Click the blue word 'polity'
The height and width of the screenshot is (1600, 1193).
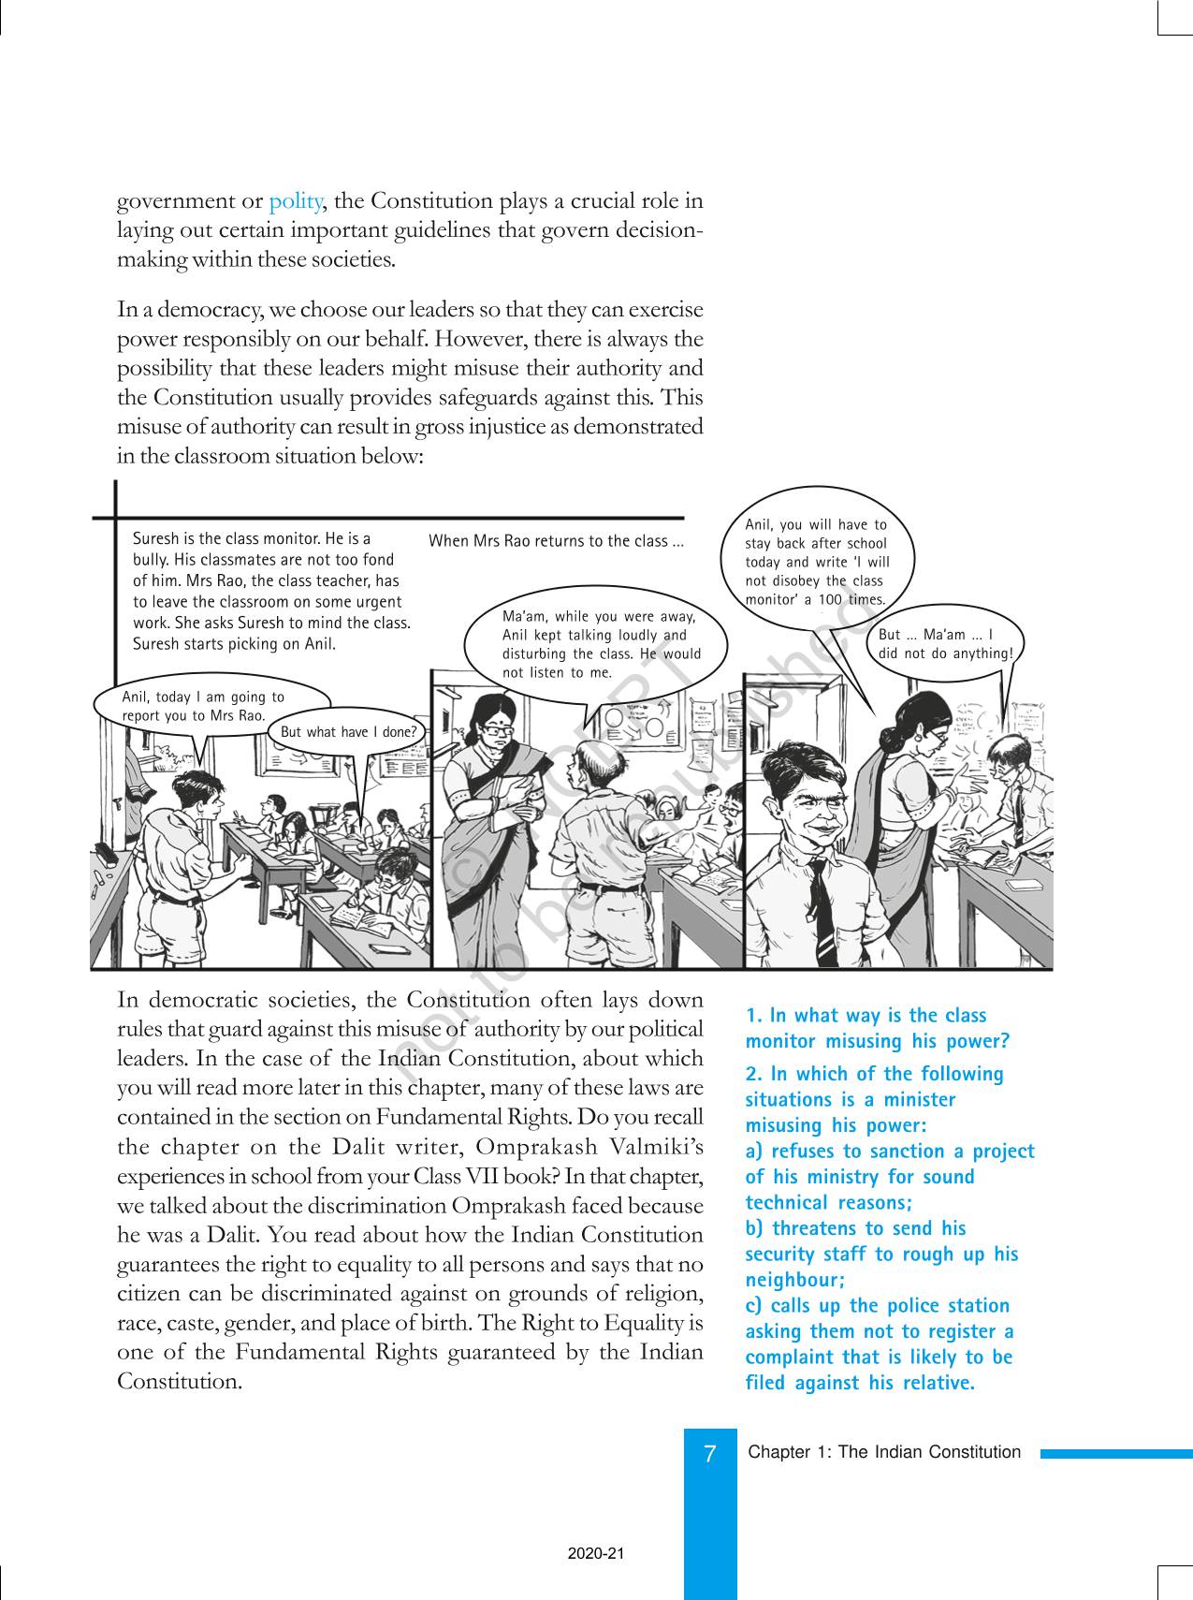(296, 201)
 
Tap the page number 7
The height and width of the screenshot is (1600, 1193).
(710, 1454)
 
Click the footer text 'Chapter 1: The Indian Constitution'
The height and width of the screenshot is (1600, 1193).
(884, 1452)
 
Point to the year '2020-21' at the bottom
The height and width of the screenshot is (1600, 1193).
(595, 1553)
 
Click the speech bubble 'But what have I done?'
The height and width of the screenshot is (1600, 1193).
(348, 731)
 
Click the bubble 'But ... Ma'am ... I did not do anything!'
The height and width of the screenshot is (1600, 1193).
(945, 644)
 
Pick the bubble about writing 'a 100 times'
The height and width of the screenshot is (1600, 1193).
(816, 562)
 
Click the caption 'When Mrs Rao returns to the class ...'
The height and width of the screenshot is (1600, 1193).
(556, 541)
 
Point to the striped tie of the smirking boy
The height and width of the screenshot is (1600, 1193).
(822, 913)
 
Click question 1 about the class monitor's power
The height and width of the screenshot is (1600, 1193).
(877, 1028)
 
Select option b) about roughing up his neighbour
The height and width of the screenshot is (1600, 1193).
(880, 1254)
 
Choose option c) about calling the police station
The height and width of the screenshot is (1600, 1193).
(879, 1343)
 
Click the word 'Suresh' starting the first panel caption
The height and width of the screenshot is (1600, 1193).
(154, 538)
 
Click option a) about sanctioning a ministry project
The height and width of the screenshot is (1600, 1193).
(889, 1177)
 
